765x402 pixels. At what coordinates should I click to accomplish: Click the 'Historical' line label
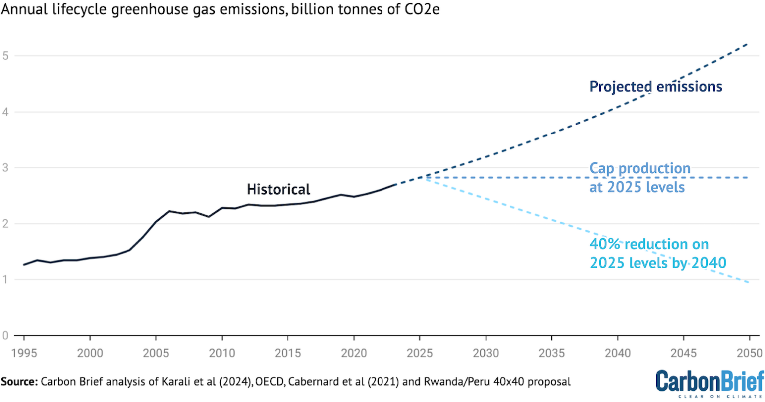pos(278,189)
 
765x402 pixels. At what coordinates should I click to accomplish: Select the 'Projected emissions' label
pos(655,87)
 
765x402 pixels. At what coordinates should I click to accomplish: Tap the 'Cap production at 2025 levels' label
pos(639,178)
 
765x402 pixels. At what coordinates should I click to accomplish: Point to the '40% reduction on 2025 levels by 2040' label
pos(657,253)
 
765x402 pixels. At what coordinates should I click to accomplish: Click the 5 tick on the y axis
pos(6,56)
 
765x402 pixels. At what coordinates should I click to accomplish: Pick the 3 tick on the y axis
pos(6,168)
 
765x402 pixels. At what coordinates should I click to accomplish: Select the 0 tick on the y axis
pos(6,336)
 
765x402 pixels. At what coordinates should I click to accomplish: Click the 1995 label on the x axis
pos(24,353)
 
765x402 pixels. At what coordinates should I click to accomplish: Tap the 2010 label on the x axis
pos(222,353)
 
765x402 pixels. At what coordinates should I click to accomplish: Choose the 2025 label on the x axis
pos(420,353)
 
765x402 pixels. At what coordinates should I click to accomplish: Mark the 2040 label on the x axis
pos(618,353)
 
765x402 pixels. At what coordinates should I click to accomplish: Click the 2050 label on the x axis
pos(749,353)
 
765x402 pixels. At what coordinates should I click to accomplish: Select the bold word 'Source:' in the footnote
pos(19,382)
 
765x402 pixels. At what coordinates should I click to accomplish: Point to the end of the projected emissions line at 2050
pos(749,44)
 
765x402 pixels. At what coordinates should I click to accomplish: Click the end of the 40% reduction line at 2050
pos(749,283)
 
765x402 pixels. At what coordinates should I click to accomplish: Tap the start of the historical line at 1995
pos(24,265)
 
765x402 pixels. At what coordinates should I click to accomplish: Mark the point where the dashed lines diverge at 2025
pos(421,177)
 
